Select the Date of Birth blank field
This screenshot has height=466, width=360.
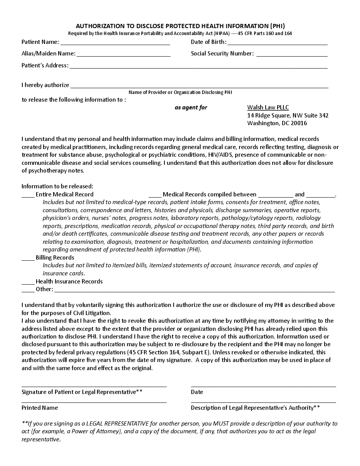tap(277, 44)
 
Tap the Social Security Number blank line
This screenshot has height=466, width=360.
tap(292, 55)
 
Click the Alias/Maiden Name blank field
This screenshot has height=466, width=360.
tap(123, 55)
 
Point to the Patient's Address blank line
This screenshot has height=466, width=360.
tap(198, 67)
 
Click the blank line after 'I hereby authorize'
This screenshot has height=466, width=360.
tap(199, 87)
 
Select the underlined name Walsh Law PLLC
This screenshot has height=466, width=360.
tap(268, 107)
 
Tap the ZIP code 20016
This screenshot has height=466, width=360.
tap(299, 123)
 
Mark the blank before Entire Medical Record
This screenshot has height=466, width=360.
tap(28, 196)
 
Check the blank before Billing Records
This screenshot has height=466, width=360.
tap(28, 259)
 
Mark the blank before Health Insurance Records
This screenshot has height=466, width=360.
tap(28, 283)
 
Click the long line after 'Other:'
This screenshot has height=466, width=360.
tap(194, 291)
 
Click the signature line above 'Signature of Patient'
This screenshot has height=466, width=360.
tap(94, 386)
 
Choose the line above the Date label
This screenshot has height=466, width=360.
tap(263, 386)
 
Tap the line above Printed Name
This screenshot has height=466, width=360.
tap(94, 402)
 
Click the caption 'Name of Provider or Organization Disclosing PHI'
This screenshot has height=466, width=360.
tap(180, 92)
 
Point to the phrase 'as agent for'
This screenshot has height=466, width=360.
tap(191, 107)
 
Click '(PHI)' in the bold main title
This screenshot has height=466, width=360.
tap(277, 26)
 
